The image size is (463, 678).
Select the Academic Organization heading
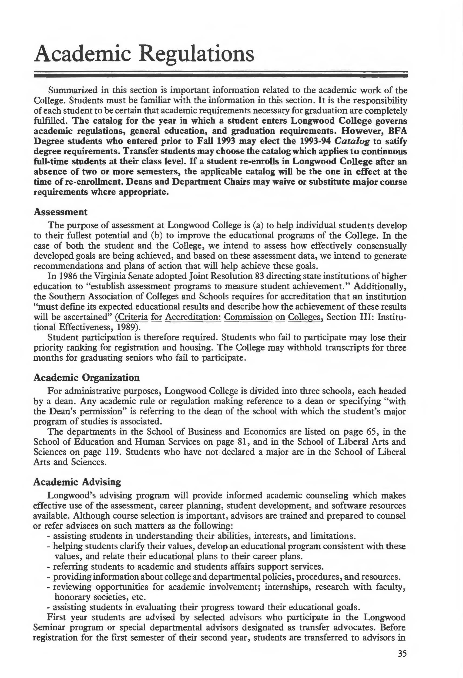87,377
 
